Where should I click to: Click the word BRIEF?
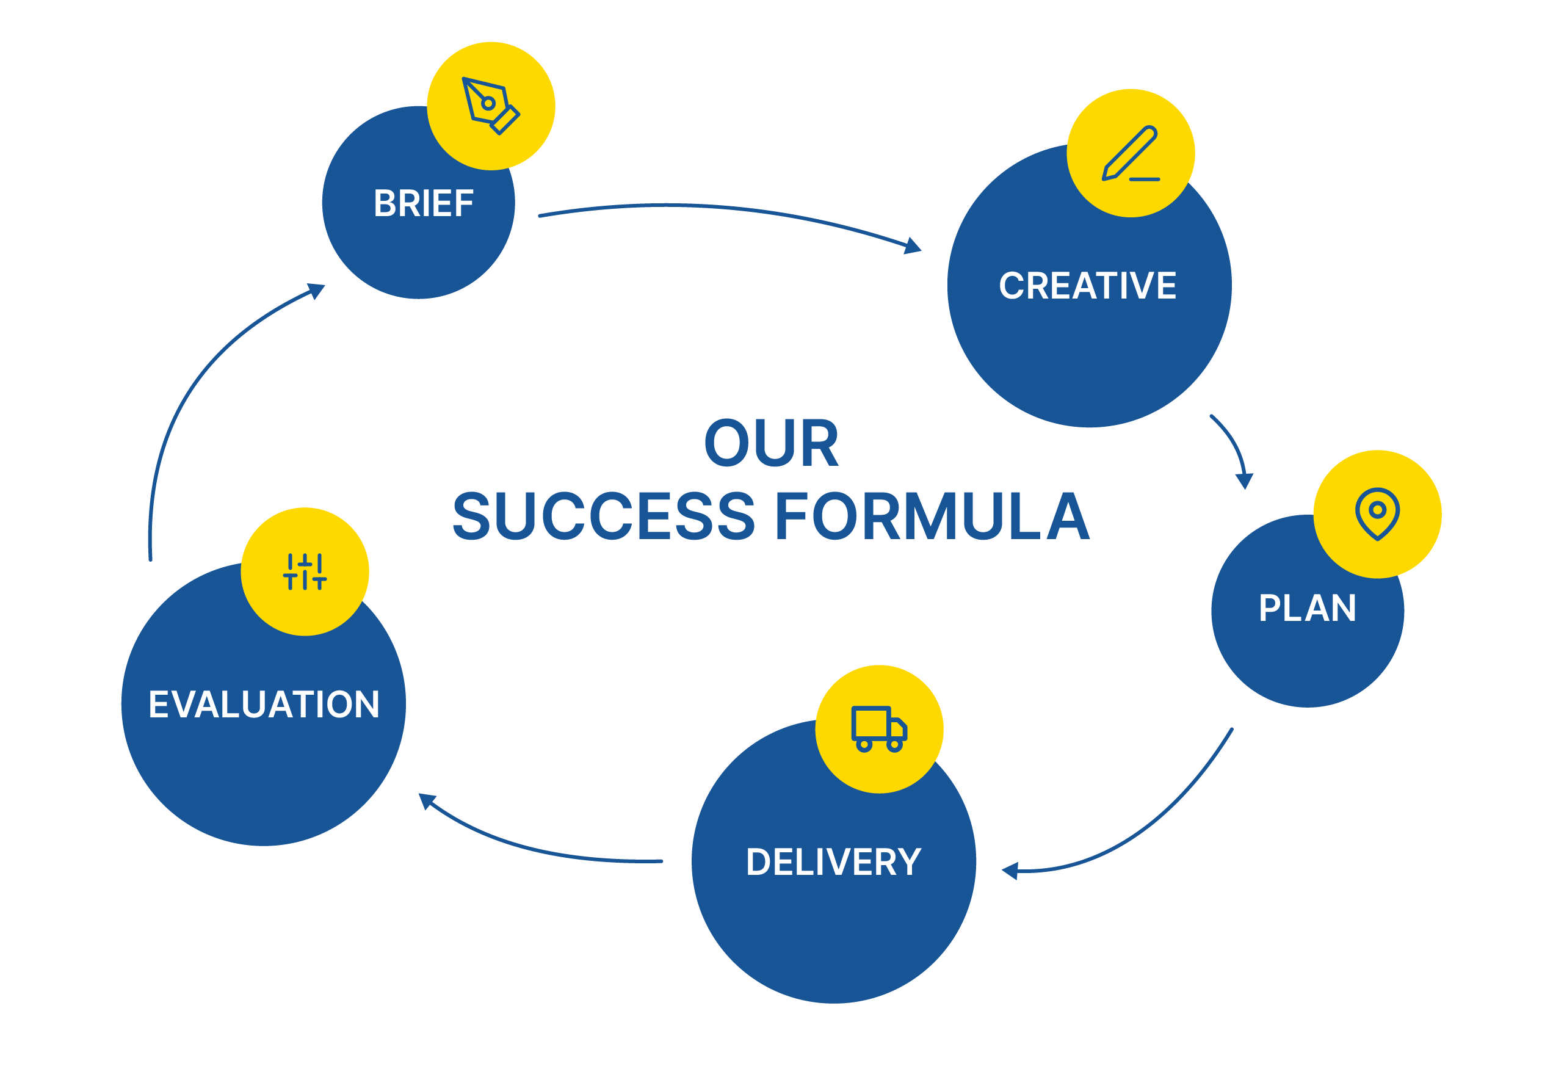(424, 203)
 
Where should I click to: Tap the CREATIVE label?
(1087, 286)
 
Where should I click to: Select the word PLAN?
(1307, 609)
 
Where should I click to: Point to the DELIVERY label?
(833, 863)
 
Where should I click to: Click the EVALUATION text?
(264, 705)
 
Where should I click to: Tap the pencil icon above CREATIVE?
(1131, 153)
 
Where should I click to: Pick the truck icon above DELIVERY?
(879, 729)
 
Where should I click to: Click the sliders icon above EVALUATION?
(305, 571)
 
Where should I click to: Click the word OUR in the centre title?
(771, 443)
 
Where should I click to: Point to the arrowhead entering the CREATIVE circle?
(913, 247)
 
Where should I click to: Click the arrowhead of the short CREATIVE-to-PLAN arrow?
(1245, 481)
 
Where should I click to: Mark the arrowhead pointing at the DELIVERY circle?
(1010, 871)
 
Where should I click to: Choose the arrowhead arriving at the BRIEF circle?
(316, 290)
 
